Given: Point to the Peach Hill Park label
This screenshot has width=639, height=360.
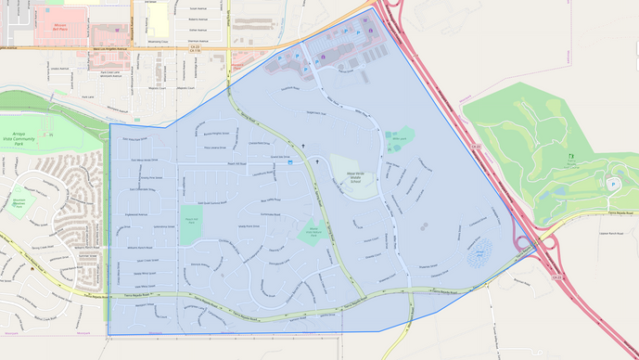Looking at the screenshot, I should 191,221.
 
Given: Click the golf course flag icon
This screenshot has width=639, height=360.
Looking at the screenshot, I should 570,158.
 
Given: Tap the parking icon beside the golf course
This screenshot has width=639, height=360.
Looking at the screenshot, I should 612,184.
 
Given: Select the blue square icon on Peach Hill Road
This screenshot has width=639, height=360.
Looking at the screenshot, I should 290,162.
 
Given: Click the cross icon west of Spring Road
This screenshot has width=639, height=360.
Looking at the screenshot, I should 302,146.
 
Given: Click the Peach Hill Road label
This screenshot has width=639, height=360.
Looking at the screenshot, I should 238,164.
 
